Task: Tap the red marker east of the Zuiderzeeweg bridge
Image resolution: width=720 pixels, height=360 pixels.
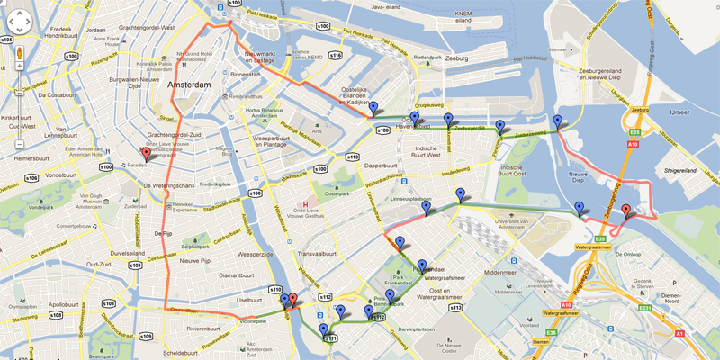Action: point(626,211)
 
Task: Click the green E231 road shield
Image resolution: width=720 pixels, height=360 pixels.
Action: point(645,309)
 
